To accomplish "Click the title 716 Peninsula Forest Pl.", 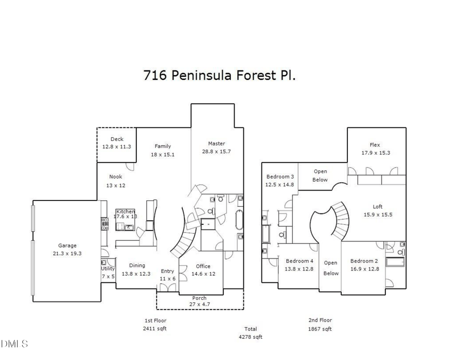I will point(220,76).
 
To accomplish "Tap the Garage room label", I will point(67,246).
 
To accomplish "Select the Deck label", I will point(116,139).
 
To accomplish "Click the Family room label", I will point(163,146).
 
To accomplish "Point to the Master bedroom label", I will point(216,143).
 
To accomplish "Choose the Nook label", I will point(115,177).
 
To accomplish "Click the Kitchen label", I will point(125,211).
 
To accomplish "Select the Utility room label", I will point(108,269).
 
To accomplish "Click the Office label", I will point(203,266).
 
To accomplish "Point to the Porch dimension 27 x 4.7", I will point(199,305).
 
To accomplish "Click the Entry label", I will point(167,271).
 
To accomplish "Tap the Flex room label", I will point(375,145).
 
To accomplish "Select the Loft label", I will point(377,206).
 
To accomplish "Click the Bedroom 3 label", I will point(280,177).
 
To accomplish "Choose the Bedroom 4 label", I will point(299,261).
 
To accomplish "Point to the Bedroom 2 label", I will point(364,261).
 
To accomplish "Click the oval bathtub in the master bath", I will point(240,220).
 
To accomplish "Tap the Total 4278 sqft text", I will point(251,333).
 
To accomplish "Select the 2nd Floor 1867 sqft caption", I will point(320,324).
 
